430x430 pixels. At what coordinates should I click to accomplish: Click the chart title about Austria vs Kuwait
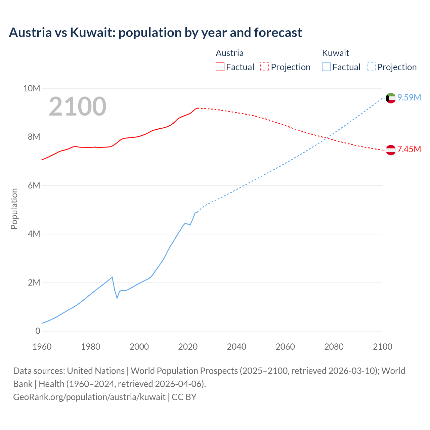tap(155, 33)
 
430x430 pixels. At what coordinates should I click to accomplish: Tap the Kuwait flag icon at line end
tap(391, 98)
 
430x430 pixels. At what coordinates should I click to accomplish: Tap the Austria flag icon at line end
tap(391, 150)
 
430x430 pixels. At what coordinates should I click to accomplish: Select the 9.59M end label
tap(409, 97)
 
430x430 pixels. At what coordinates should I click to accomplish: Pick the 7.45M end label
tap(409, 149)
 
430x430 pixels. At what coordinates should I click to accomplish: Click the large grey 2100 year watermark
tap(78, 106)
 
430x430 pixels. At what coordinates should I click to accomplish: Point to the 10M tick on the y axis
tap(32, 88)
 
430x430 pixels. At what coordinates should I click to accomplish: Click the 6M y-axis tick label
tap(34, 185)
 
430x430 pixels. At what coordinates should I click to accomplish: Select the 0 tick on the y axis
tap(38, 331)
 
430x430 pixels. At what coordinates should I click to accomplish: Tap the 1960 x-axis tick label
tap(42, 347)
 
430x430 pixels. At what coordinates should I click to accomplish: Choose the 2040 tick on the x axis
tap(236, 347)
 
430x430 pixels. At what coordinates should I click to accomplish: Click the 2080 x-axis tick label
tap(334, 347)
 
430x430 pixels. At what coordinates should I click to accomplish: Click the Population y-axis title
tap(14, 209)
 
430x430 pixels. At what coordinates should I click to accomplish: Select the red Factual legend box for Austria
tap(220, 67)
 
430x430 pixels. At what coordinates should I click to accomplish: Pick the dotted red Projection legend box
tap(265, 67)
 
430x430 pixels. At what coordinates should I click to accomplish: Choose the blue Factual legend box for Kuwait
tap(326, 67)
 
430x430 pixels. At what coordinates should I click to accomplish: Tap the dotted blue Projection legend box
tap(371, 67)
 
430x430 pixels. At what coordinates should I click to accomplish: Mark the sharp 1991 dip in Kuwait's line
tap(117, 298)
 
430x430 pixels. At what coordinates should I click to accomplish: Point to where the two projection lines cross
tap(327, 138)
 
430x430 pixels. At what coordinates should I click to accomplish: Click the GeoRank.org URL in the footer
tap(89, 397)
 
